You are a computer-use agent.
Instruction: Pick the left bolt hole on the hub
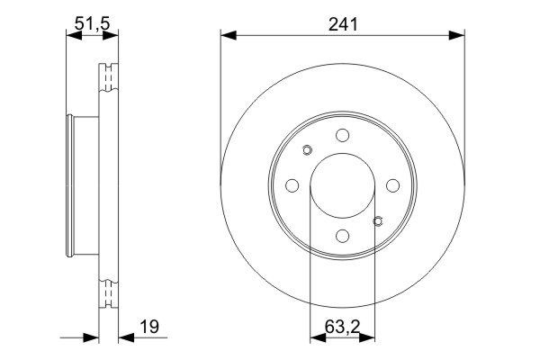pos(292,185)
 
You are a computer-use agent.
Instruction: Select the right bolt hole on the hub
pos(393,185)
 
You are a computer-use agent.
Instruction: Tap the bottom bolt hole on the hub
pos(342,236)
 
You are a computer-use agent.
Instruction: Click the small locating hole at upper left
pos(306,150)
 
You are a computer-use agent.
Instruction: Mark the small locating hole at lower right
pos(378,220)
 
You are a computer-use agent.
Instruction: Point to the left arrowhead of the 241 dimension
pos(228,36)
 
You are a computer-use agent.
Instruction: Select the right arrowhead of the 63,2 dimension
pos(368,338)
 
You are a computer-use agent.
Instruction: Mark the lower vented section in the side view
pos(109,293)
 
